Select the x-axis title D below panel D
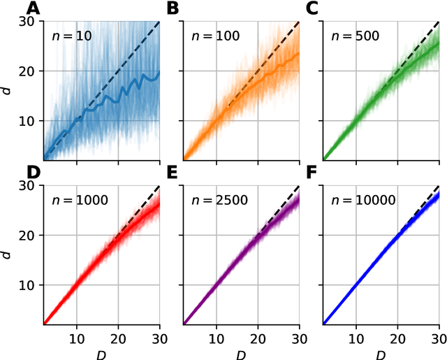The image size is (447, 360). click(x=102, y=353)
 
